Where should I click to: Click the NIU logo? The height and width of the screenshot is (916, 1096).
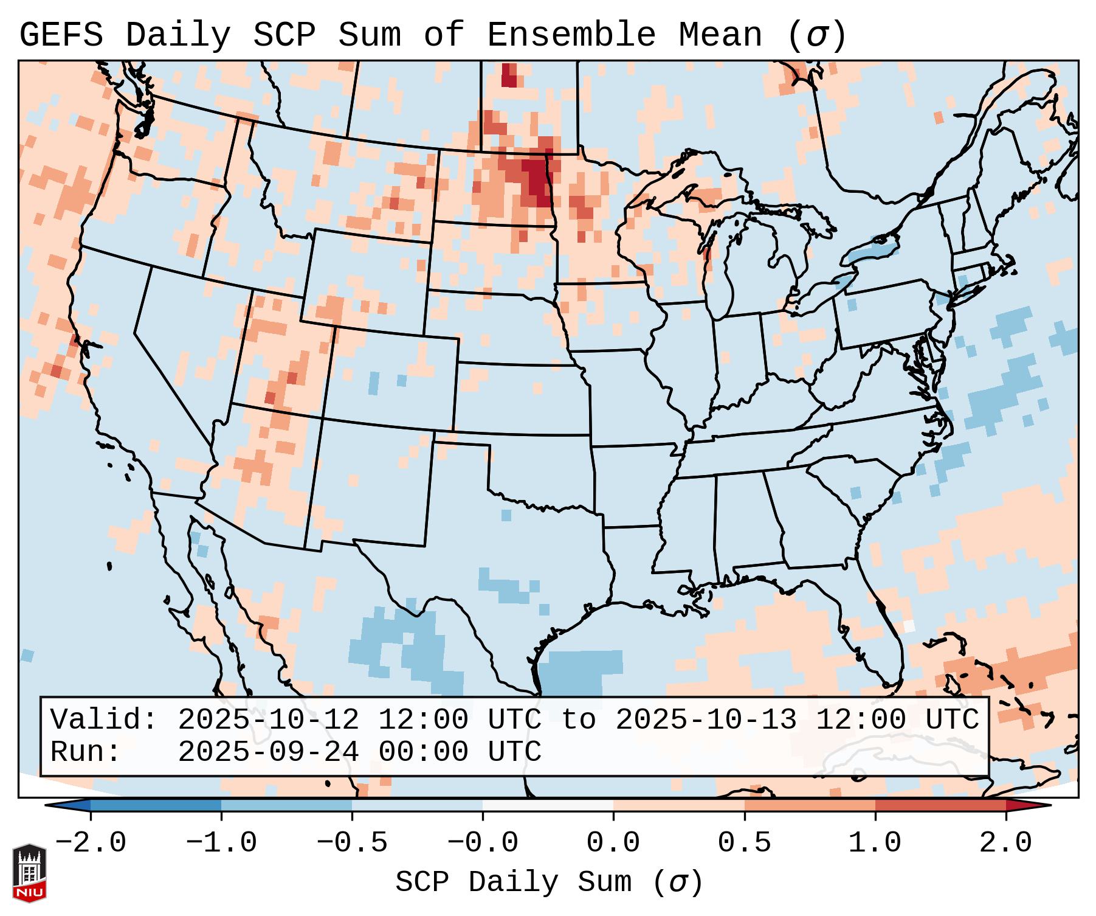point(29,872)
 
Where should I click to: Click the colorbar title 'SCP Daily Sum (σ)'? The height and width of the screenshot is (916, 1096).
point(549,883)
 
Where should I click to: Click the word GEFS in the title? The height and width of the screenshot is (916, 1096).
point(61,35)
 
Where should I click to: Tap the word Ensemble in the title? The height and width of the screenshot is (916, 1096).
point(571,35)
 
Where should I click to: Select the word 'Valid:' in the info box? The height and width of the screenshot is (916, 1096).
point(104,720)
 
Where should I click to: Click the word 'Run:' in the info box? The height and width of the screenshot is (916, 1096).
point(86,752)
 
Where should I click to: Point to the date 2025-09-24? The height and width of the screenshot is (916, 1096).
point(268,752)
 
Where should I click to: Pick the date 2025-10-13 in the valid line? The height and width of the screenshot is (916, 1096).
point(706,720)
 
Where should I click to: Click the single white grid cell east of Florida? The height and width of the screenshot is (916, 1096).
point(909,625)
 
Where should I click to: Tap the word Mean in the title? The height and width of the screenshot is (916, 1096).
point(720,35)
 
